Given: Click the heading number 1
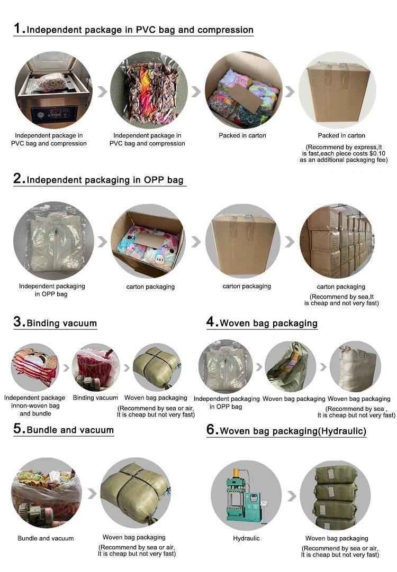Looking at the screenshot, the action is coord(17,28).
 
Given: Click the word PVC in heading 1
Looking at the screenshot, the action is coord(146,30).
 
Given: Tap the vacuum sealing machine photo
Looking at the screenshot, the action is coord(53,90).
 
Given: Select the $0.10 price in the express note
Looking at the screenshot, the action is coord(377,154).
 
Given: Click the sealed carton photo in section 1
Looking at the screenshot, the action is coord(337,90).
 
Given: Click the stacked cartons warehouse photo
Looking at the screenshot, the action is coord(337,241).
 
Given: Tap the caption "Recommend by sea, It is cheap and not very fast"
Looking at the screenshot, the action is coord(341,300).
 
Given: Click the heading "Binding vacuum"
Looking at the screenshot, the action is coord(62,323).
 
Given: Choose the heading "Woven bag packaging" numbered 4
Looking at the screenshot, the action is coord(268,323).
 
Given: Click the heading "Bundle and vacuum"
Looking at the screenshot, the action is coord(70,430).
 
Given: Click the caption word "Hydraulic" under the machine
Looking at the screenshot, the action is coord(246,538).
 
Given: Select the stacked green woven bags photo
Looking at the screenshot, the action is coord(335,495).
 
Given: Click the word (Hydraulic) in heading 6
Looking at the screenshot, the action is coord(342,431).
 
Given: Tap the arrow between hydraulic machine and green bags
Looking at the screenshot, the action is coord(292,496).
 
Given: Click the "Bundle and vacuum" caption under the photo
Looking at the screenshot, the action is coord(46,538).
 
